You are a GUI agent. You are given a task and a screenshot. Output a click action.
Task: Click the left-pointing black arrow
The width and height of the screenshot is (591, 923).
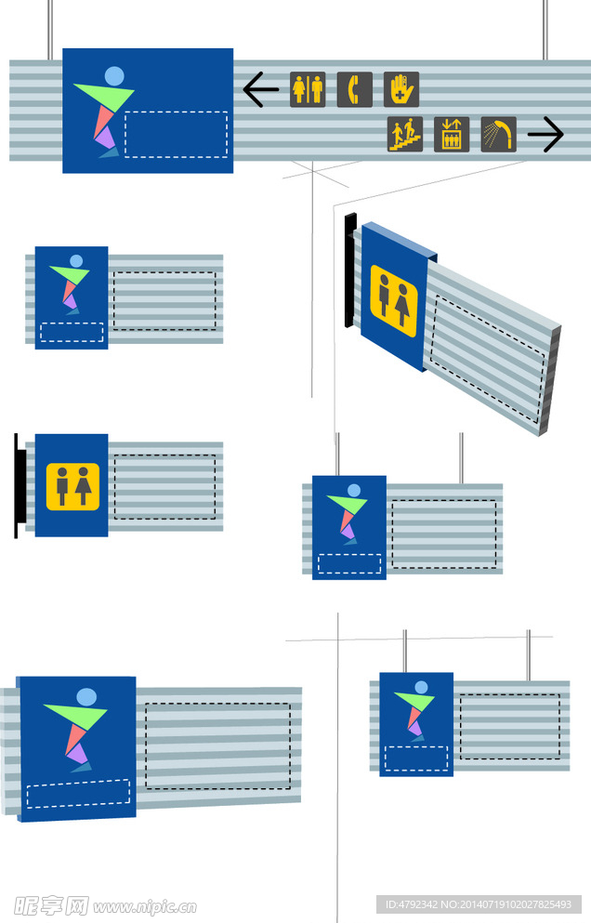click(x=260, y=90)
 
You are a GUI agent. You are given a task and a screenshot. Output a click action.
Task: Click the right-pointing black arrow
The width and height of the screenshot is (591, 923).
click(x=545, y=135)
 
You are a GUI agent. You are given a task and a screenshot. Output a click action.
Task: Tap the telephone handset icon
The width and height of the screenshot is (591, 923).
click(x=354, y=89)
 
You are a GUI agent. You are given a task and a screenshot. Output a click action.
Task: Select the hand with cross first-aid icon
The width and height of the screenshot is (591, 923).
click(x=401, y=89)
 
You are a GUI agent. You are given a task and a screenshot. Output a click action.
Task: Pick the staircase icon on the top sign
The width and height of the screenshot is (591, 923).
click(x=405, y=135)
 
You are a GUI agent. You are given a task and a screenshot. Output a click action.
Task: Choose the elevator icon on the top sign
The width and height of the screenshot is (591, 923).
click(x=452, y=135)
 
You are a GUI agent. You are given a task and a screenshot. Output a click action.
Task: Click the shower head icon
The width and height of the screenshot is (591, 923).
click(x=499, y=135)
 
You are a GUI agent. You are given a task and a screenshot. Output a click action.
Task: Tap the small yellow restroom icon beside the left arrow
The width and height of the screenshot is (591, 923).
click(x=308, y=89)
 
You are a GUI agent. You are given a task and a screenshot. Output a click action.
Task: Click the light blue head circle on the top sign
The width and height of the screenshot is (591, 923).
click(x=114, y=75)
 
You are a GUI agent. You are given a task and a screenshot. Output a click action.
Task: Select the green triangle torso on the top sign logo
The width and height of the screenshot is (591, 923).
click(x=105, y=94)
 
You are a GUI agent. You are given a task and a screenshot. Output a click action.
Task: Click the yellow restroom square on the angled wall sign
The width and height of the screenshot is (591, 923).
click(x=394, y=300)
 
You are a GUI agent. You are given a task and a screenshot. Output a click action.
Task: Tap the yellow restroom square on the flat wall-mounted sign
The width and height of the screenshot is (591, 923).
click(x=72, y=486)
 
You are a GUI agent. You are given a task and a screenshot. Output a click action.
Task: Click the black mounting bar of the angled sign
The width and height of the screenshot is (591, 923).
click(x=349, y=270)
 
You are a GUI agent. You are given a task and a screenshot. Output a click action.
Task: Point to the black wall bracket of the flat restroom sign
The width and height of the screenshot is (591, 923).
click(x=17, y=485)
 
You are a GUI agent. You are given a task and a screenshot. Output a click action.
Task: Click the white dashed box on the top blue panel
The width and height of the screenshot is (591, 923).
click(x=177, y=134)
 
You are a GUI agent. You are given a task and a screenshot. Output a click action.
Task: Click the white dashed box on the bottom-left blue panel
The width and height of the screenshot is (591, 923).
click(x=78, y=793)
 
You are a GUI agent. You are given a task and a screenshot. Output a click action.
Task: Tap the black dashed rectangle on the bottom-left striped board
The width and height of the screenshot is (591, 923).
click(x=217, y=745)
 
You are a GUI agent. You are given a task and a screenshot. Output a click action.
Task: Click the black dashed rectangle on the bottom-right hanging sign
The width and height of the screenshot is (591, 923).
click(x=510, y=726)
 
